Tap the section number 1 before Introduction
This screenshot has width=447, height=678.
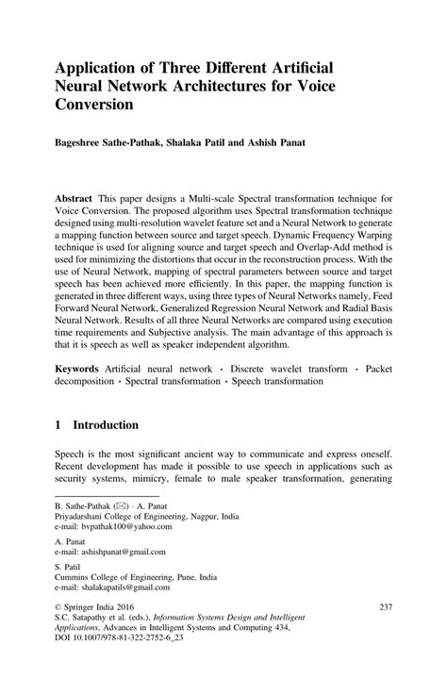pos(58,425)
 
